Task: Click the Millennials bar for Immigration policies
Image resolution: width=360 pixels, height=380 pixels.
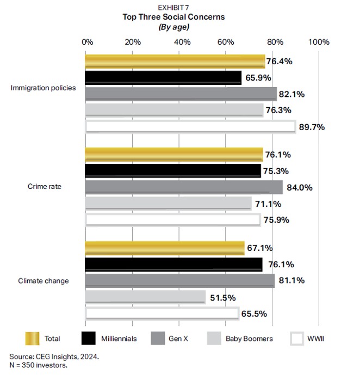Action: click(x=163, y=78)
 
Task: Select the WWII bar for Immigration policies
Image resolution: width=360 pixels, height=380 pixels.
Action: click(x=190, y=127)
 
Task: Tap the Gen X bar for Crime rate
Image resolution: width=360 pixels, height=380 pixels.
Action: click(x=184, y=187)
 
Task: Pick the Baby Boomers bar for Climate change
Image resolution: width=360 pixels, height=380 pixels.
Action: click(x=145, y=297)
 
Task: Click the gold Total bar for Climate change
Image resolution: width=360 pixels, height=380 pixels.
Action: click(x=165, y=248)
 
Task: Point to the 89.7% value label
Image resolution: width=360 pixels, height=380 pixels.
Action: click(x=312, y=127)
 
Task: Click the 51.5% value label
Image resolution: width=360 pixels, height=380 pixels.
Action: click(x=223, y=298)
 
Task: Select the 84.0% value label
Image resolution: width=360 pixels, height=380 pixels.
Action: click(x=300, y=188)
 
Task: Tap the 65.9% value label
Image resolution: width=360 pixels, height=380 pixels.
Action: click(x=258, y=78)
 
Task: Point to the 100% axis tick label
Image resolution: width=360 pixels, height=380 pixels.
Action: click(x=319, y=42)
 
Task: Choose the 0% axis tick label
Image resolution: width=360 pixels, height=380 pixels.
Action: click(x=88, y=42)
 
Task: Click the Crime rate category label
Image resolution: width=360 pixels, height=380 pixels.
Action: click(x=45, y=187)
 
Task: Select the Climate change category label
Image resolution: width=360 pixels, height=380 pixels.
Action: click(x=44, y=281)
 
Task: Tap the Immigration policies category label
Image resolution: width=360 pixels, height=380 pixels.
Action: click(x=44, y=88)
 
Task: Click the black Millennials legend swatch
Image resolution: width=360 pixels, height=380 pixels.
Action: click(x=88, y=338)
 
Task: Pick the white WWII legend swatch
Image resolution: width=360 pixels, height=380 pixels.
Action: click(x=297, y=338)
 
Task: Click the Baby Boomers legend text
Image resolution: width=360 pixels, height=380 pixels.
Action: click(x=249, y=339)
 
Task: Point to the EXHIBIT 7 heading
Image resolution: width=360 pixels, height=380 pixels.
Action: click(x=173, y=8)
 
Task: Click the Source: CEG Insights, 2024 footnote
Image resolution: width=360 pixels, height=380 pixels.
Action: click(x=54, y=357)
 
